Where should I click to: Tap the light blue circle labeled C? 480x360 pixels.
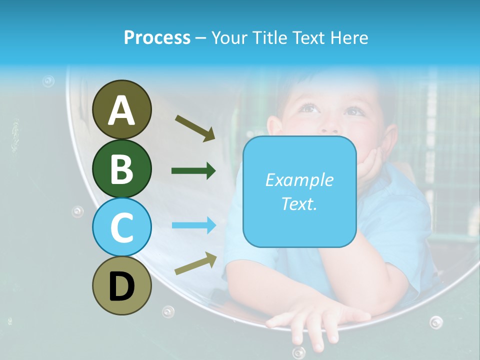click(121, 227)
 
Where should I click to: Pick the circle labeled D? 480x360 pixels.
click(121, 285)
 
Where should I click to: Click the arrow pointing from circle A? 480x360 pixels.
click(195, 128)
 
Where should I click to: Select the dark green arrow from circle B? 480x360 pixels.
click(193, 171)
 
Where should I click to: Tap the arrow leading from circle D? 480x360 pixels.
click(195, 263)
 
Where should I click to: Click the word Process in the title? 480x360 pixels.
click(157, 37)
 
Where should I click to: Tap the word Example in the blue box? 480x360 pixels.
click(299, 180)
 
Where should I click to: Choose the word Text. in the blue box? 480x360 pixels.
click(299, 203)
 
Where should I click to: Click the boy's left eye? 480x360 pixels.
click(354, 111)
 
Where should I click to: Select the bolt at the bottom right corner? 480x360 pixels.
click(436, 321)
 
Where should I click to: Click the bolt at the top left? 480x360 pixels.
click(48, 80)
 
